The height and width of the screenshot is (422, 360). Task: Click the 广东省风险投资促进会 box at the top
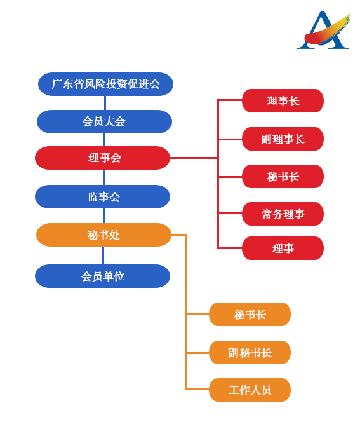105,84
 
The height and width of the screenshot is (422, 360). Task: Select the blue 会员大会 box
104,121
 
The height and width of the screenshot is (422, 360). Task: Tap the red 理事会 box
102,158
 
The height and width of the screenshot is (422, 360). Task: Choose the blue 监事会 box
102,196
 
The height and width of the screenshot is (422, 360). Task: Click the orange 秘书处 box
103,235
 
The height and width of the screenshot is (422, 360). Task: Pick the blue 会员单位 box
102,276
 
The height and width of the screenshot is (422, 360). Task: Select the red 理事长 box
283,100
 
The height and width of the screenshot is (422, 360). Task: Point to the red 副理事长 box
283,139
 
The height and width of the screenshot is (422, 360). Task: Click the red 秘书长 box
283,176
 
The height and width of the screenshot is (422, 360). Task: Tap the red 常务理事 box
283,214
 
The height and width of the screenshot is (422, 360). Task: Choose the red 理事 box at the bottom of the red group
283,248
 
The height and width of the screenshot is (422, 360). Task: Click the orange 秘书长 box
250,314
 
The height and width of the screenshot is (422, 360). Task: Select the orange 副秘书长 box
250,352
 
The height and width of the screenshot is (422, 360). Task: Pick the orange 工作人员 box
250,390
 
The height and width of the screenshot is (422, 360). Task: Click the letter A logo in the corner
323,30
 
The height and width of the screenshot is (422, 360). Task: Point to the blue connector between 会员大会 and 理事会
104,140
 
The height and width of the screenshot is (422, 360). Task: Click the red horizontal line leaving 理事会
194,158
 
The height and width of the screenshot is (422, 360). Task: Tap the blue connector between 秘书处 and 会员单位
103,255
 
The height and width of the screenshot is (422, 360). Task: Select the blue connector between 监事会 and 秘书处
103,215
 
